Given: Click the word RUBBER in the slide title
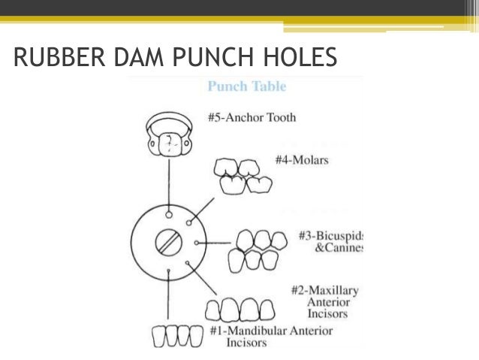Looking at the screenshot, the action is click(x=59, y=56).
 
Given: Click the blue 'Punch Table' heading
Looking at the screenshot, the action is click(x=246, y=86).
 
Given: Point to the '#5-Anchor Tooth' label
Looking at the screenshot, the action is click(x=252, y=117).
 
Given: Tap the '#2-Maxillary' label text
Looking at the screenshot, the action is click(x=324, y=290).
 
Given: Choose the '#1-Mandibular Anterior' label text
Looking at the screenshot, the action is click(x=271, y=330).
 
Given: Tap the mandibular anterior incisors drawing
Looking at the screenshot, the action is click(x=177, y=335).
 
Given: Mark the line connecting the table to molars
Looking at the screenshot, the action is click(x=205, y=208).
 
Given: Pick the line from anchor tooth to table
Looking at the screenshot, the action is click(x=169, y=184).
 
